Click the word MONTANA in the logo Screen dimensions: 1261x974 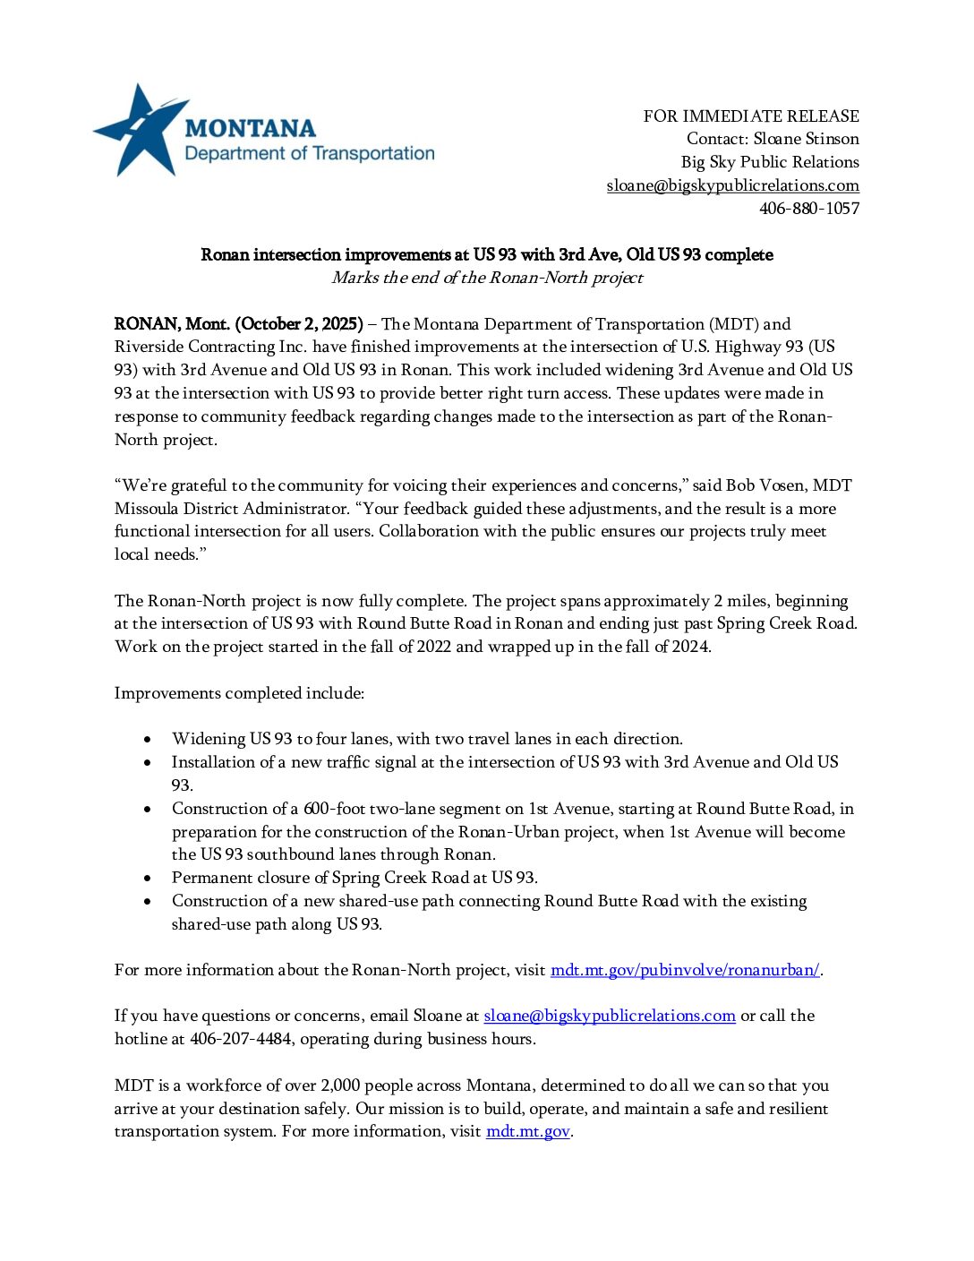pyautogui.click(x=250, y=129)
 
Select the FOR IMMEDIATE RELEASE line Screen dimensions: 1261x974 pyautogui.click(x=750, y=116)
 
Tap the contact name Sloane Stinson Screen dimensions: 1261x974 pyautogui.click(x=806, y=139)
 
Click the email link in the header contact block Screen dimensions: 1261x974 pyautogui.click(x=732, y=185)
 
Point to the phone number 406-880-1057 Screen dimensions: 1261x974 pyautogui.click(x=809, y=209)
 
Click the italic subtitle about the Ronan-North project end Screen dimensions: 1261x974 pyautogui.click(x=487, y=278)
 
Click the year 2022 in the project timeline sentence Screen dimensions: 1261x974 pyautogui.click(x=432, y=647)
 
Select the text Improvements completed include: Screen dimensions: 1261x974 pyautogui.click(x=239, y=693)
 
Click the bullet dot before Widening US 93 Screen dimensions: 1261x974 pyautogui.click(x=148, y=740)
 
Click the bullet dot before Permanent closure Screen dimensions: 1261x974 pyautogui.click(x=148, y=879)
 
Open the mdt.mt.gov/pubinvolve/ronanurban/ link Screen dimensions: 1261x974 pyautogui.click(x=685, y=970)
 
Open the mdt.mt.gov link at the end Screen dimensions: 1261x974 pyautogui.click(x=527, y=1131)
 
